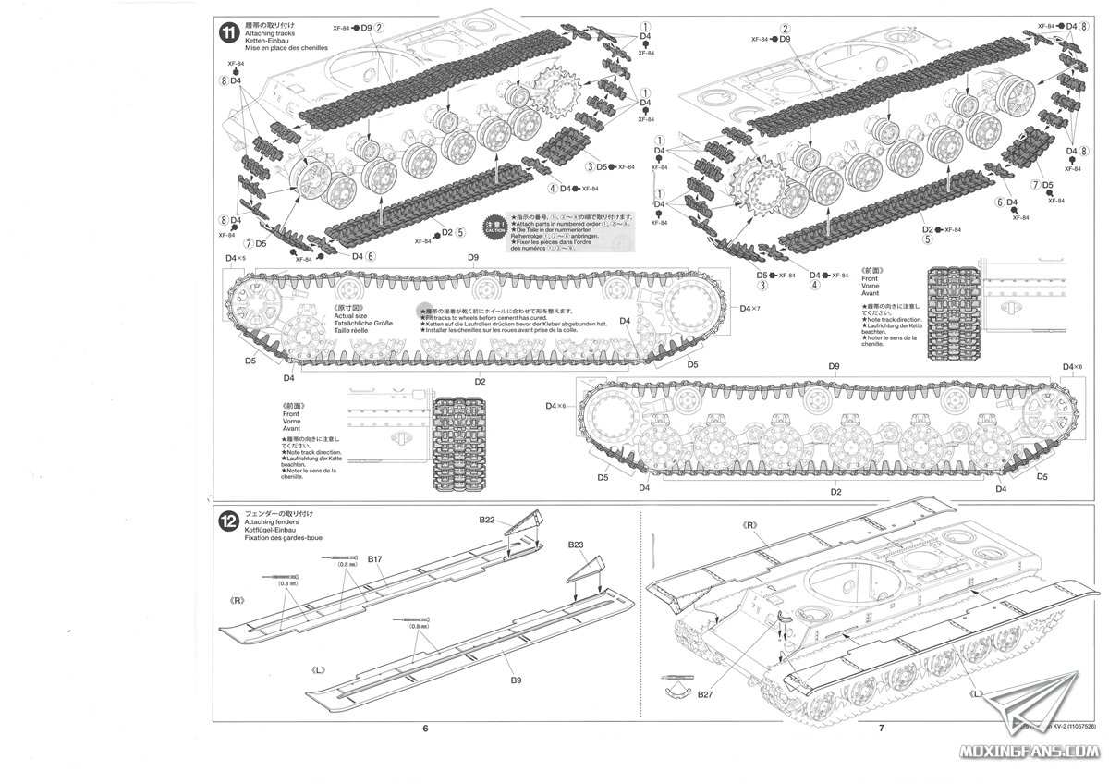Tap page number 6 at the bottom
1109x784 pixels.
[425, 729]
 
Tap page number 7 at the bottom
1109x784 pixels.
[882, 729]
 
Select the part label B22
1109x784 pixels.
[488, 521]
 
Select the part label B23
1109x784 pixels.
[576, 545]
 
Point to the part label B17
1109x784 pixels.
[374, 559]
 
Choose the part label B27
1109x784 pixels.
[707, 693]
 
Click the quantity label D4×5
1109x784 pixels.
[235, 258]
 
